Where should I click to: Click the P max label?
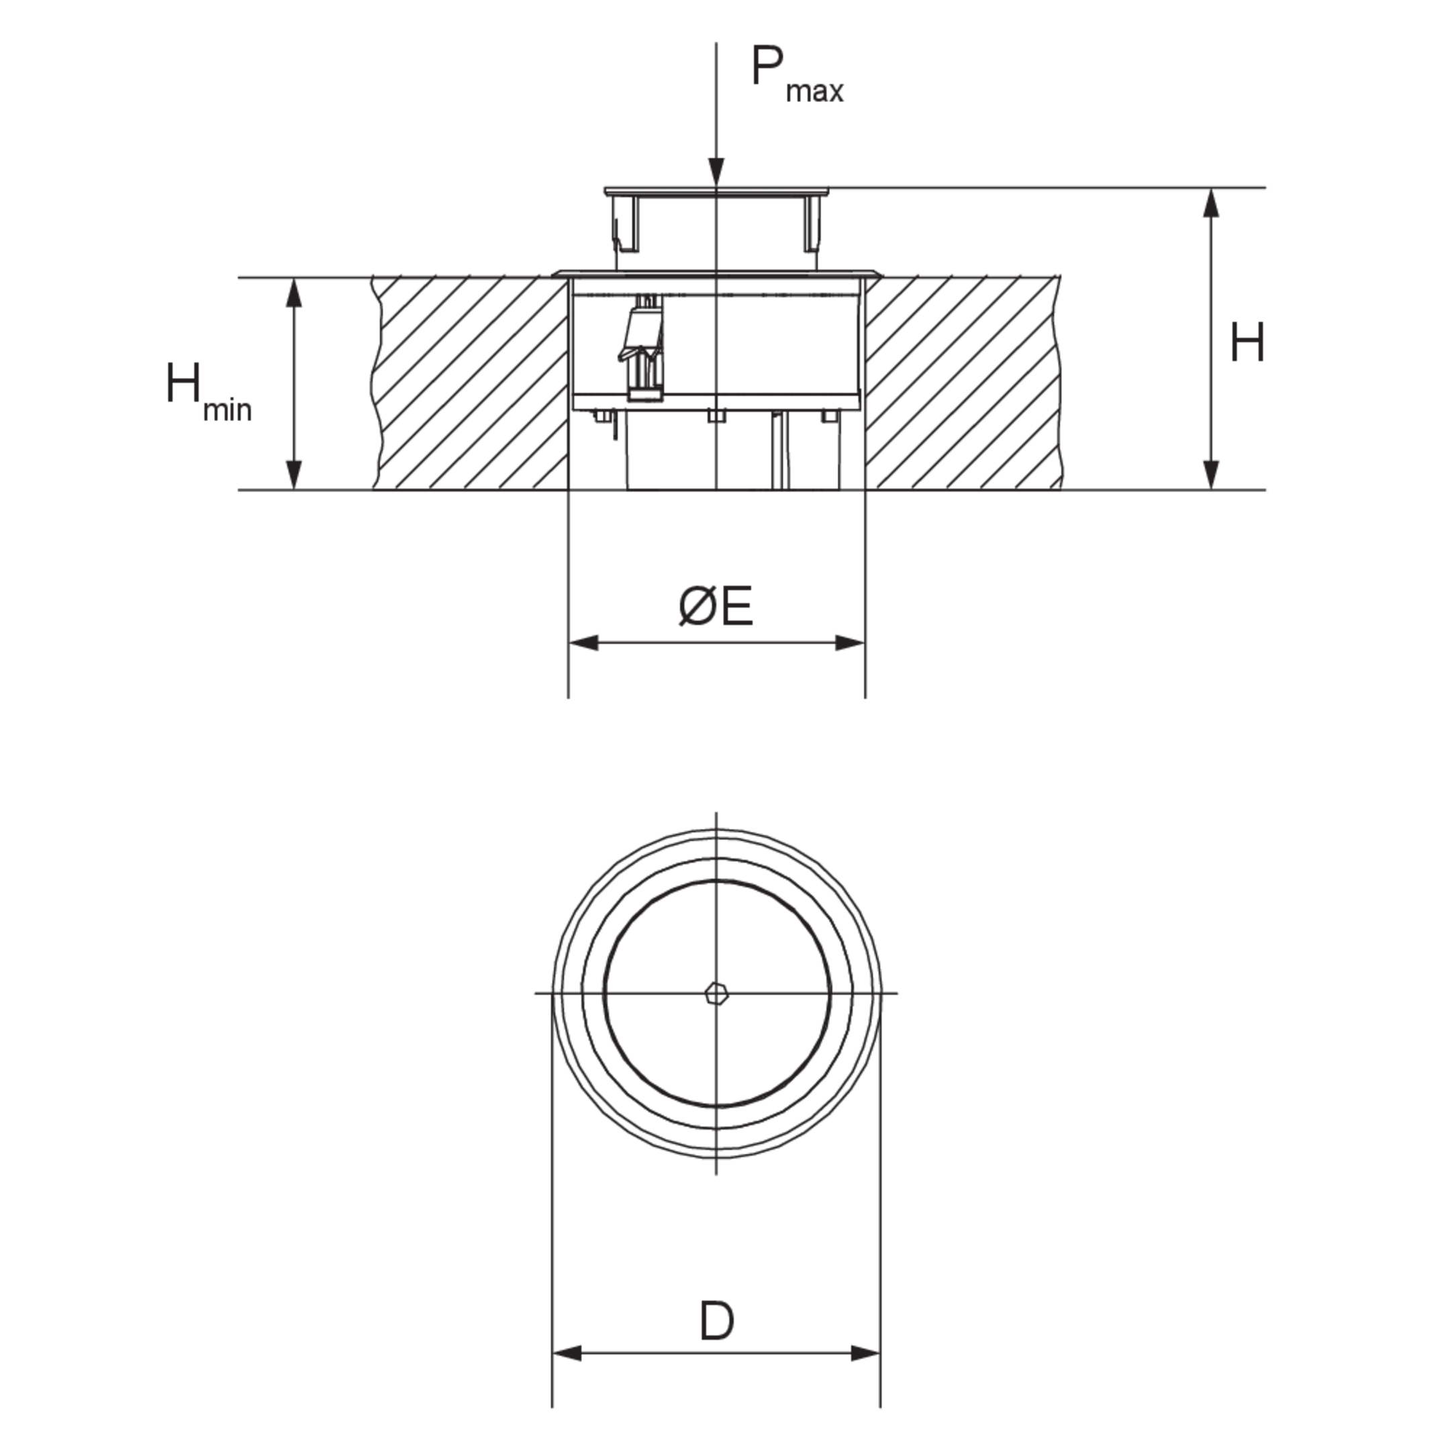pos(797,75)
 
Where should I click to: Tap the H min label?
pos(209,392)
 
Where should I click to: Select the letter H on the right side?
pos(1247,343)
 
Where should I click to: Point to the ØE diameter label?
pos(715,606)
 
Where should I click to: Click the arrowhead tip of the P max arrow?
pos(717,185)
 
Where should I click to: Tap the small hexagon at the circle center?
pos(717,994)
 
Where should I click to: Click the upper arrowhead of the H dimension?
pos(1210,203)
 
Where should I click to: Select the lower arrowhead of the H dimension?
pos(1210,475)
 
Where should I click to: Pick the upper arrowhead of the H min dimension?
pos(294,293)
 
